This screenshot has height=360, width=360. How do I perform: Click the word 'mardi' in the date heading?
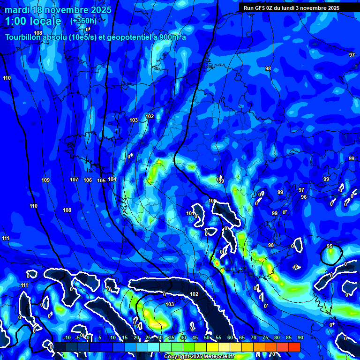pos(17,10)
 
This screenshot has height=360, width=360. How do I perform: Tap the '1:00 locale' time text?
pos(33,21)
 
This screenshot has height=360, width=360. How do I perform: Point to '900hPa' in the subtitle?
pos(171,37)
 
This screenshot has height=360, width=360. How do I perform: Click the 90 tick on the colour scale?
pos(300,337)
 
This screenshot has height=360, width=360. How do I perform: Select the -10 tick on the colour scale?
pos(67,337)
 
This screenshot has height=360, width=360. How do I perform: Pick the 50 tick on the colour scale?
pos(207,337)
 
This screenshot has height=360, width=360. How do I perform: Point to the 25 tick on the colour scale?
pos(148,337)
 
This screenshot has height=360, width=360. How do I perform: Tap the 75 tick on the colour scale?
pos(265,337)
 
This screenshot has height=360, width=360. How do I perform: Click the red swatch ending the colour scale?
pos(294,347)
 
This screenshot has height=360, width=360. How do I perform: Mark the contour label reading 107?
pos(74,180)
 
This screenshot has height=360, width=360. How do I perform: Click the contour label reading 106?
pos(88,180)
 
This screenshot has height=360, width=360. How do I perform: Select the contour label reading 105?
pos(101,180)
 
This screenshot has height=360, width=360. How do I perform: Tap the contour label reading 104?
pos(112,179)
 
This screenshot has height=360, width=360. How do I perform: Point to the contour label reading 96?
pos(304,197)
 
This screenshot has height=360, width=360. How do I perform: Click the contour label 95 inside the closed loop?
pos(330,247)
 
